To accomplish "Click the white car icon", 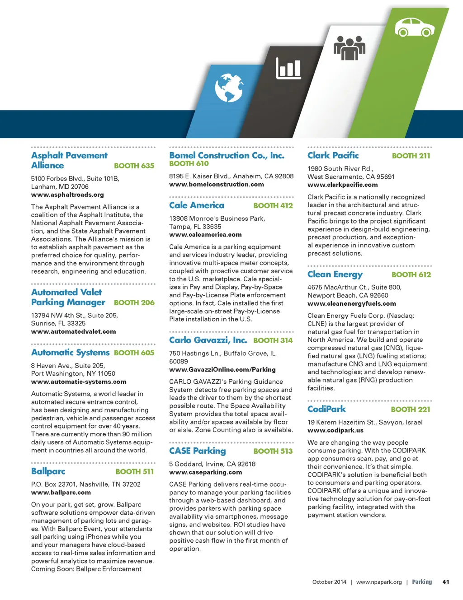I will (x=414, y=28).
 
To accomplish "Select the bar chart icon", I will (x=288, y=69).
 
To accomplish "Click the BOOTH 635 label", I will (x=134, y=166).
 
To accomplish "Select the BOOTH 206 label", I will (x=134, y=302).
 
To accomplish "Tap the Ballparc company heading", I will (x=48, y=471).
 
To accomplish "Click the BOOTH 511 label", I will (x=134, y=471).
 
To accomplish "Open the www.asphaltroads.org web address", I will (x=67, y=195).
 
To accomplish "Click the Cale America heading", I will (x=196, y=205).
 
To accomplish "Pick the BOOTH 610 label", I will (x=189, y=164).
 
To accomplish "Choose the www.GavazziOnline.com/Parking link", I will (x=222, y=369).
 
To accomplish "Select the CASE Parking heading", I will (x=197, y=451).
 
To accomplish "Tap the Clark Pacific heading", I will (x=333, y=155).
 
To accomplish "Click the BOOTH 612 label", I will (x=411, y=274).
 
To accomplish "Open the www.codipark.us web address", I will (x=335, y=430).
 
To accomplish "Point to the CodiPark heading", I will (x=326, y=409).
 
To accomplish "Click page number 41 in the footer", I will (x=445, y=582).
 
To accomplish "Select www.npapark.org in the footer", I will (x=379, y=582).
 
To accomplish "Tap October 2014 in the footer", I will (x=329, y=582).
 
